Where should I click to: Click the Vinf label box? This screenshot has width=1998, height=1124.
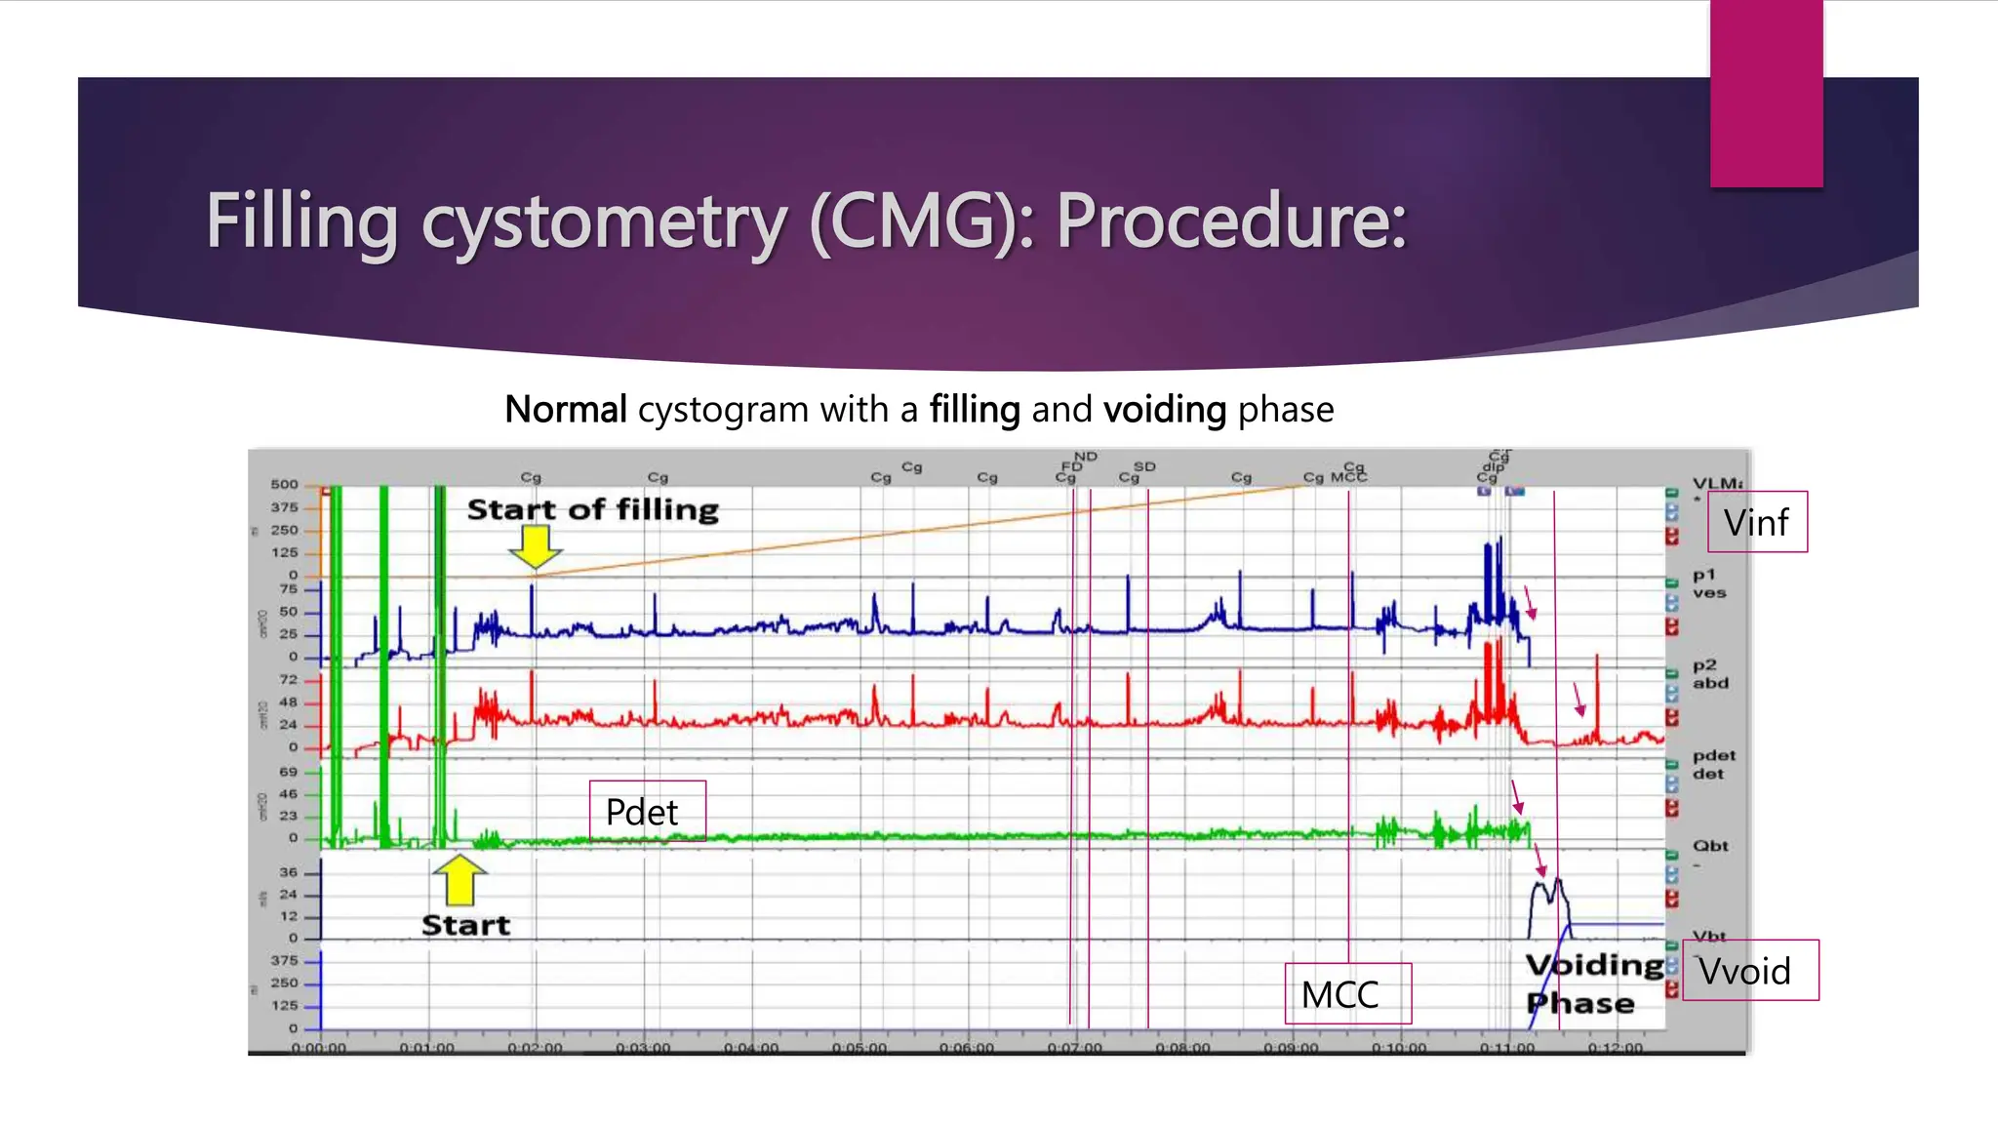point(1756,522)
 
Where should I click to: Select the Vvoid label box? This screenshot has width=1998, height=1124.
point(1750,970)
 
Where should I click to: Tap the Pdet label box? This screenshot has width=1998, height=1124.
point(647,811)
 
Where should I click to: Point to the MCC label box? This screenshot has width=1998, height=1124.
point(1347,993)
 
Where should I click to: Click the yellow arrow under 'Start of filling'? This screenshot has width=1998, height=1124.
point(535,546)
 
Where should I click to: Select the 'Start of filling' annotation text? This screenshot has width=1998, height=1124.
point(592,509)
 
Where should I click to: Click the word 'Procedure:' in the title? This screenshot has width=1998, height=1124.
point(1231,221)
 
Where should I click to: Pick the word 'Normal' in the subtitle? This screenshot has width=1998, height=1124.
point(565,410)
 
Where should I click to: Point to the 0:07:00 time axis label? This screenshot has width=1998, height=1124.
point(1074,1048)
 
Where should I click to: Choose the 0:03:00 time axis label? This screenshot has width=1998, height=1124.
point(643,1048)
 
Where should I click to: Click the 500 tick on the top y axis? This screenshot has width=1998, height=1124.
point(284,484)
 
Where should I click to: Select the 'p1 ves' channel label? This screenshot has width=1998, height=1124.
point(1708,583)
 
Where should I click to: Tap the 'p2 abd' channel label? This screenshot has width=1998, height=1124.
point(1709,674)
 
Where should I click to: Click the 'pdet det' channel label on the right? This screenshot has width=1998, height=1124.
point(1713,764)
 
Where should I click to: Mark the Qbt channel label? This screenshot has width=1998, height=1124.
point(1710,846)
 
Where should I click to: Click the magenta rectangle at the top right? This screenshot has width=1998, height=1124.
point(1766,93)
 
